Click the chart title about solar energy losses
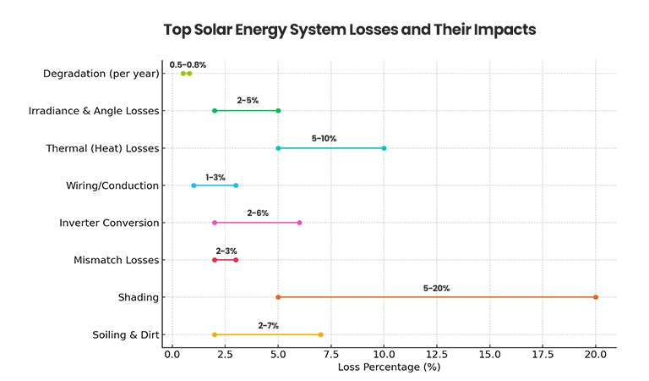(350, 30)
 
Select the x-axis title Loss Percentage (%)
(389, 367)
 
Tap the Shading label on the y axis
(139, 297)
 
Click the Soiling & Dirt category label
(126, 334)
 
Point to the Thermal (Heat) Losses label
(102, 148)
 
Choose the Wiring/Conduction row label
(112, 185)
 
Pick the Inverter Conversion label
(109, 223)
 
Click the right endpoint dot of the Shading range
(596, 297)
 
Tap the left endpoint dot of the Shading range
(278, 297)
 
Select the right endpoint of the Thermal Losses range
(384, 148)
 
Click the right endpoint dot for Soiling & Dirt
(320, 334)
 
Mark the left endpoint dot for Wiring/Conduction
(194, 185)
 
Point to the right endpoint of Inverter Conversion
(299, 223)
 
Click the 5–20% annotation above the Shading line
(436, 288)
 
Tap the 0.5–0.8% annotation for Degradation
(188, 64)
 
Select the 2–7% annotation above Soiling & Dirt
(268, 325)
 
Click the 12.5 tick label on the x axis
(437, 355)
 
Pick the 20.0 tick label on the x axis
(596, 355)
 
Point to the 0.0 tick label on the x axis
(172, 355)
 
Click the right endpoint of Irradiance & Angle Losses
(278, 111)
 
